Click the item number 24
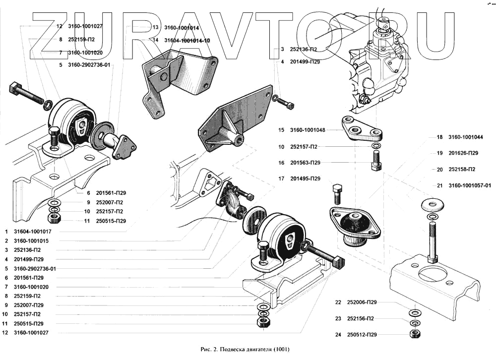point(338,335)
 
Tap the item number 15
point(281,130)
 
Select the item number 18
point(439,136)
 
